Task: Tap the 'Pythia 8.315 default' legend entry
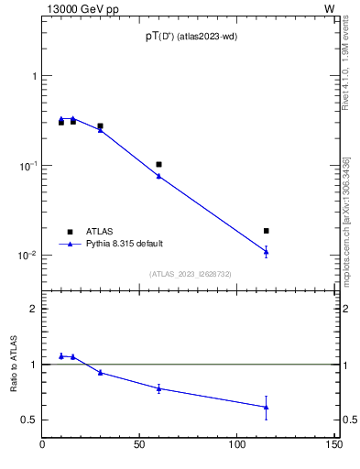point(125,244)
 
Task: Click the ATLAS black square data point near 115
point(267,231)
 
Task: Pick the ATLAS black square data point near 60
point(158,165)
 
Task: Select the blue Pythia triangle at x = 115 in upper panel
point(267,251)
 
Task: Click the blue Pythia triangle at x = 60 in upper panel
point(158,175)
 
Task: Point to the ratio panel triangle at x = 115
point(267,407)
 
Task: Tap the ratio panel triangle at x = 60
point(158,388)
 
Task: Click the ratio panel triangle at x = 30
point(100,372)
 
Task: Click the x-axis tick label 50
point(139,446)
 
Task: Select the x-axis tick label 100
point(237,446)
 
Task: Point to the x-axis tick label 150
point(334,446)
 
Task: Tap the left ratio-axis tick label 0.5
point(31,420)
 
